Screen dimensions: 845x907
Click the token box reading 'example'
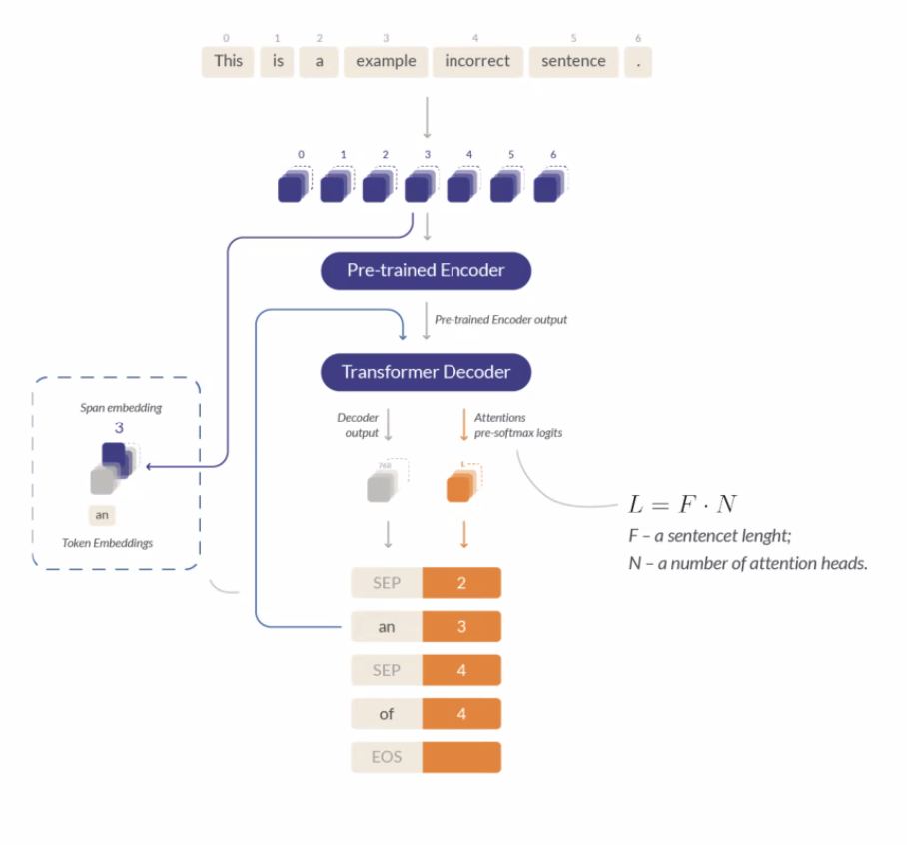pyautogui.click(x=386, y=61)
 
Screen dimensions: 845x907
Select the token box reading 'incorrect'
pyautogui.click(x=476, y=61)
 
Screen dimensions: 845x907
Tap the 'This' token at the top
pyautogui.click(x=228, y=61)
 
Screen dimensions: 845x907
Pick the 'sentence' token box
pyautogui.click(x=573, y=61)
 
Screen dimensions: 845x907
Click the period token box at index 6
pyautogui.click(x=638, y=61)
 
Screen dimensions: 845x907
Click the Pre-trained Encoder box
pyautogui.click(x=426, y=270)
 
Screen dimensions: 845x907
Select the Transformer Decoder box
pyautogui.click(x=426, y=372)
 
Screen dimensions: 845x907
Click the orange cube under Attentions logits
pyautogui.click(x=460, y=486)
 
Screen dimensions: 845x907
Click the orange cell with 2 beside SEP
pyautogui.click(x=461, y=582)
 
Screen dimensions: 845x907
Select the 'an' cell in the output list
pyautogui.click(x=387, y=626)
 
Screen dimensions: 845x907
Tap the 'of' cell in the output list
pyautogui.click(x=387, y=714)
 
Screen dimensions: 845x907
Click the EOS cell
pyautogui.click(x=387, y=757)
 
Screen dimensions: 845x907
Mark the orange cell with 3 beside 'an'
pyautogui.click(x=461, y=626)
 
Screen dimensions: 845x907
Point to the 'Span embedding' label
pyautogui.click(x=120, y=408)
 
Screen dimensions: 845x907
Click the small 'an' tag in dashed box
pyautogui.click(x=102, y=516)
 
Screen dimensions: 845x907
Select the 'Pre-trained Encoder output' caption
pyautogui.click(x=500, y=320)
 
